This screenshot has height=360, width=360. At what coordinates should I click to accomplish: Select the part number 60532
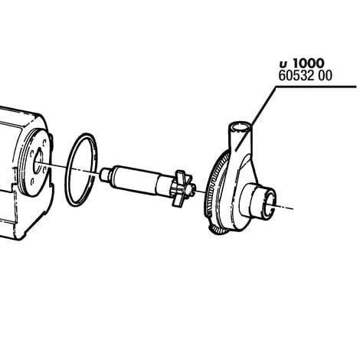pos(295,77)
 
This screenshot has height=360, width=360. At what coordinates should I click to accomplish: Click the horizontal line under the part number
pos(314,88)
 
